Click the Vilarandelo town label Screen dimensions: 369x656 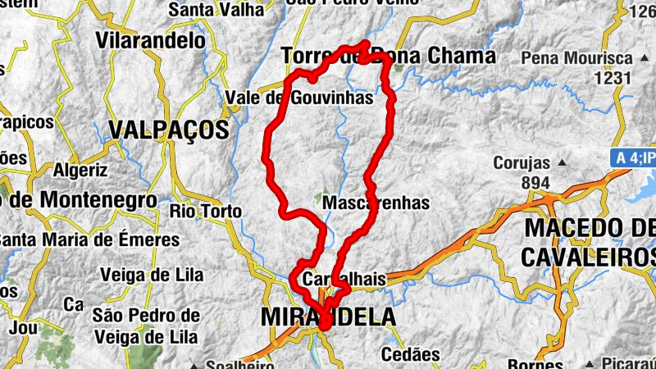pos(150,40)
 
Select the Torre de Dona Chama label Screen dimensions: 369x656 pos(388,57)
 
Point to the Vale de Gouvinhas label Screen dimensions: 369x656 pos(298,98)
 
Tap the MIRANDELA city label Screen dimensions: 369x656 pos(328,317)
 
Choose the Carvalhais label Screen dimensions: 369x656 pos(344,280)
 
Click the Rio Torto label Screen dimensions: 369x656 pos(206,212)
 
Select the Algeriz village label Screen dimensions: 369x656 pos(80,171)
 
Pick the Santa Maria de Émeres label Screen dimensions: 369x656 pos(90,240)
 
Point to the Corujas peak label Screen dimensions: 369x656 pos(522,163)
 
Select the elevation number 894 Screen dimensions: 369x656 pos(535,182)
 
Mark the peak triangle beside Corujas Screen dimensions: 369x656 pos(561,163)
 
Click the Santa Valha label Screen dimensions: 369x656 pos(216,11)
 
